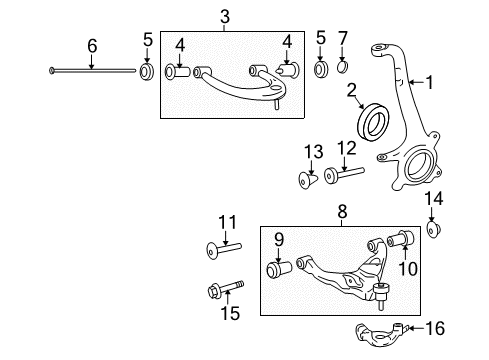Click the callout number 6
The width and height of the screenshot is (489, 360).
pos(92,45)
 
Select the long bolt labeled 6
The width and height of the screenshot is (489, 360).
pos(90,70)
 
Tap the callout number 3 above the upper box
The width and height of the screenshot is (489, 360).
pos(225,16)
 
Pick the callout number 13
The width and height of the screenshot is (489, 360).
pos(314,151)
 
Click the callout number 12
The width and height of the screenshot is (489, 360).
pos(346,150)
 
